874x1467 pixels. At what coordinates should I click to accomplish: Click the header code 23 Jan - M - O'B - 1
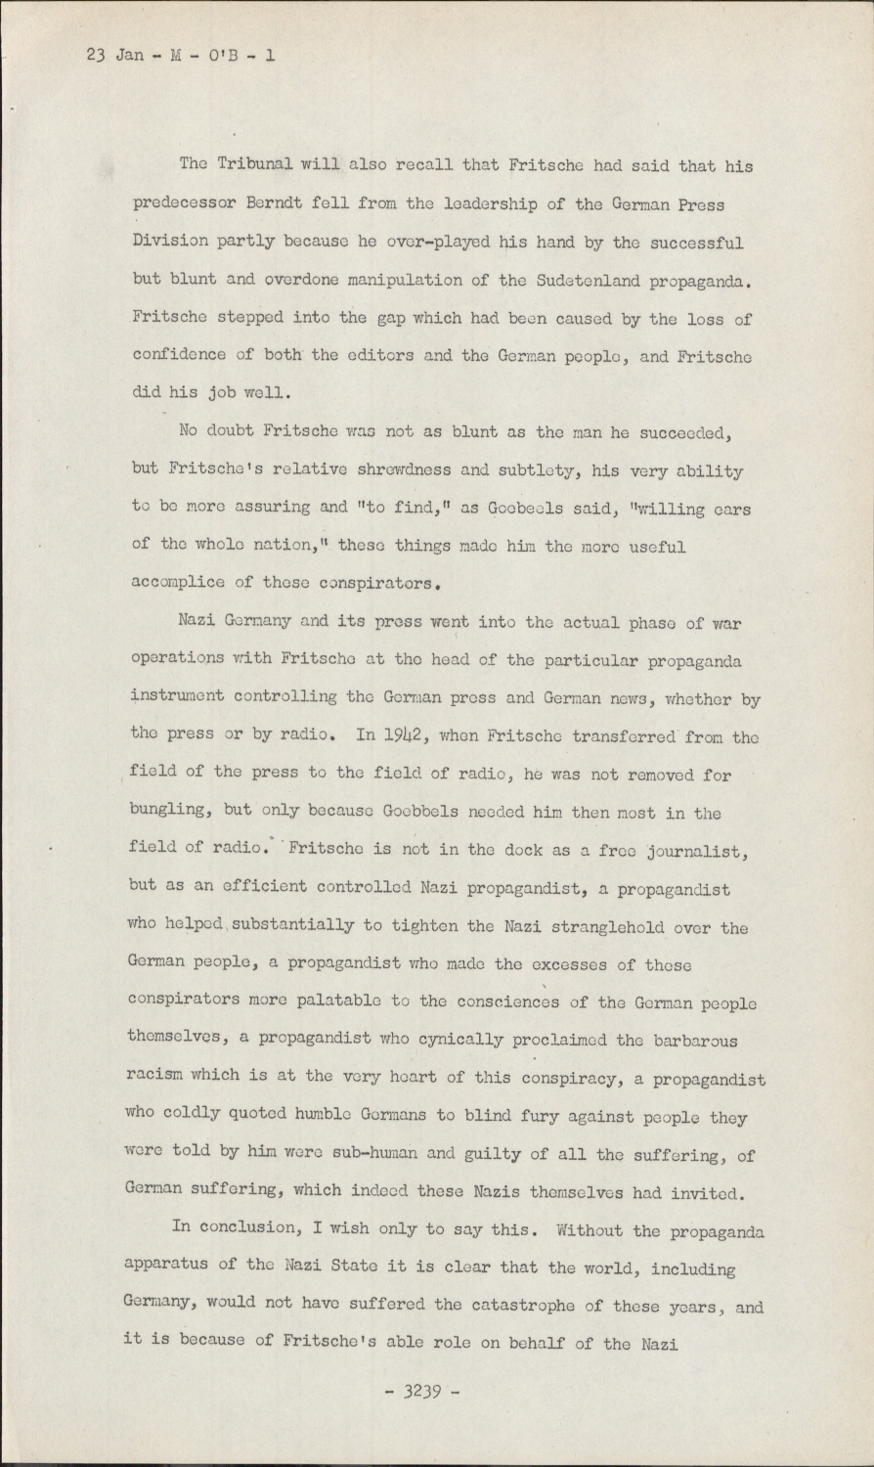[x=181, y=55]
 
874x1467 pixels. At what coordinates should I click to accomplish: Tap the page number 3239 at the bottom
[x=421, y=1391]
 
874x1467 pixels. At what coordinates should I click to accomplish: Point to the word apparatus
[x=165, y=1267]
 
